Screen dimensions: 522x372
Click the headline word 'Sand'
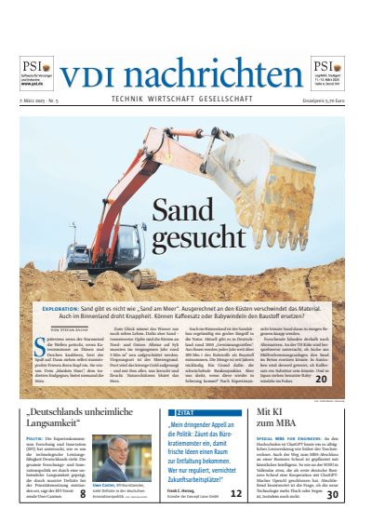[185, 212]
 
